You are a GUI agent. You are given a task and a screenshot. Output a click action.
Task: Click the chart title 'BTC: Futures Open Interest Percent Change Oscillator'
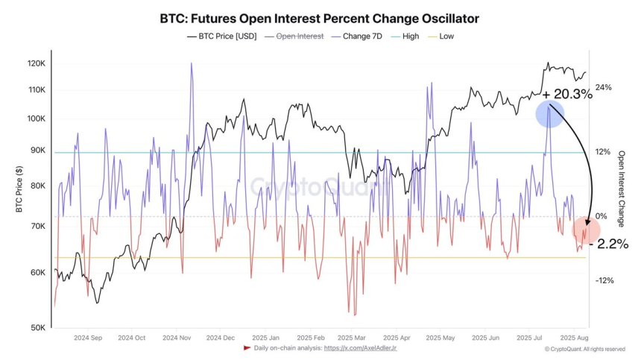[320, 17]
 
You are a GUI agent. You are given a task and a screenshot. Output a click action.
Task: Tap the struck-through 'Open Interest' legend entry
[294, 36]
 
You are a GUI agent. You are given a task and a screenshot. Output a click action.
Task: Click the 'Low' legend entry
[445, 36]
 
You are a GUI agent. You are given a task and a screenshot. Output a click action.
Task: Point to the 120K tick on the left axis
[37, 64]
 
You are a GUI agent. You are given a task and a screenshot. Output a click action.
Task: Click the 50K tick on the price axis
[39, 328]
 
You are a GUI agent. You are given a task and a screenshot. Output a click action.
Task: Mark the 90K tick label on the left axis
[39, 151]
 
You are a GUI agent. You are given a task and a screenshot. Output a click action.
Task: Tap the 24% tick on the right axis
[603, 87]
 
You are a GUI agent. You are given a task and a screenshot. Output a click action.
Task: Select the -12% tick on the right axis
[603, 280]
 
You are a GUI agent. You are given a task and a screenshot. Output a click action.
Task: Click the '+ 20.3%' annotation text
[567, 94]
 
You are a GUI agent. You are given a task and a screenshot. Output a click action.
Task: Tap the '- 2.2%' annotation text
[608, 244]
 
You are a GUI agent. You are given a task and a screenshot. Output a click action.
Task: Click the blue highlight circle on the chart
[549, 113]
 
